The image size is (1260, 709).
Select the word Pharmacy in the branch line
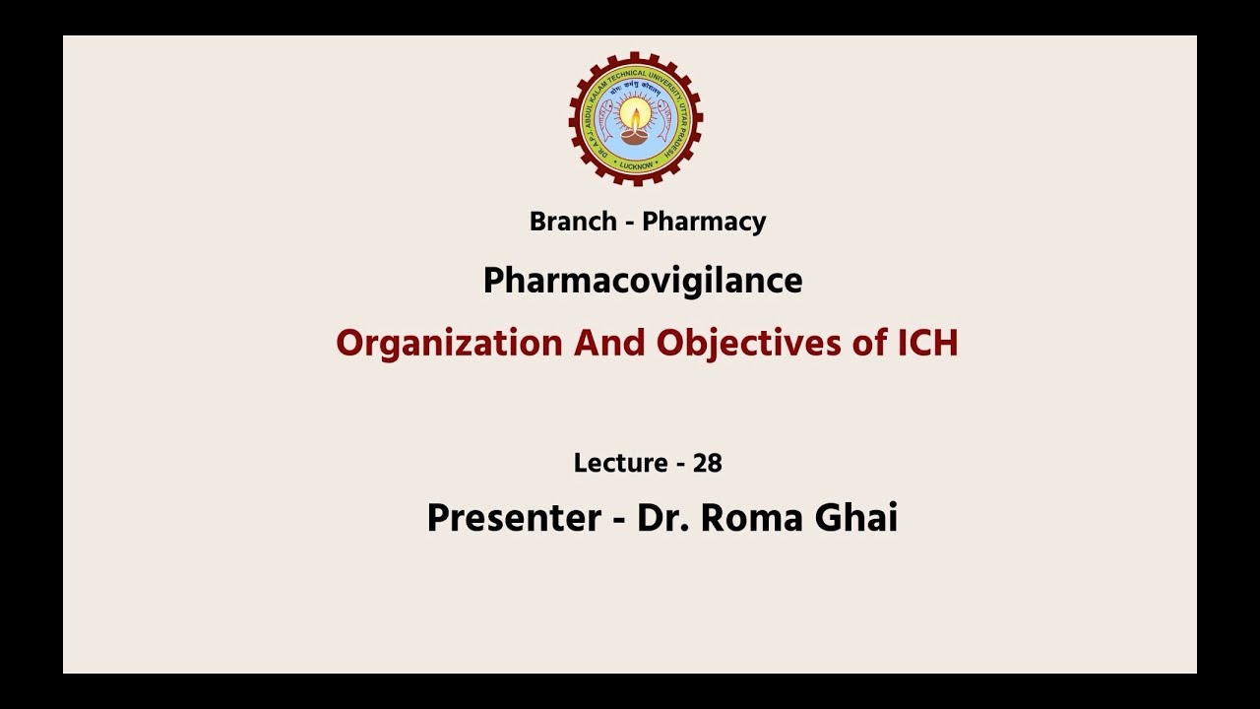(705, 222)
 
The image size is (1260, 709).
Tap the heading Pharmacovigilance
(643, 282)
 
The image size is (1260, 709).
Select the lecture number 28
(707, 463)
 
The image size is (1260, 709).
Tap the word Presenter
(514, 518)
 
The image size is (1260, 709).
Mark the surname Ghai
(856, 518)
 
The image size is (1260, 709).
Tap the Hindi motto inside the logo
(636, 87)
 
